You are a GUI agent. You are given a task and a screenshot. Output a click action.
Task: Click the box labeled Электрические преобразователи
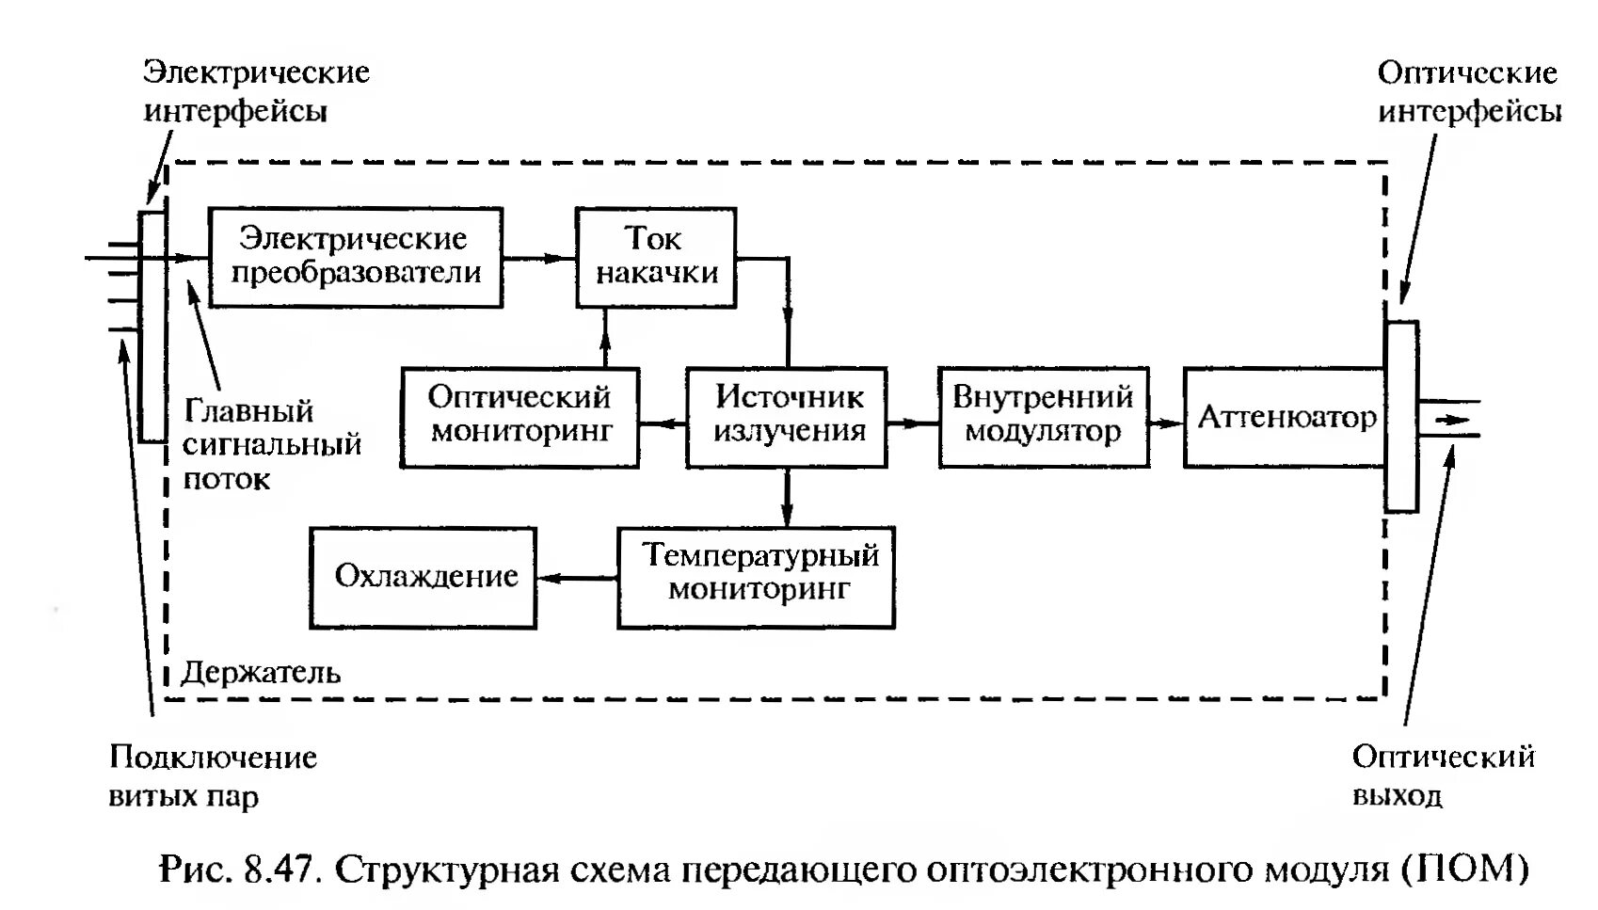pos(355,257)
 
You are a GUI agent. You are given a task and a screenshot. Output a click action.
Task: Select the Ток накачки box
pos(655,257)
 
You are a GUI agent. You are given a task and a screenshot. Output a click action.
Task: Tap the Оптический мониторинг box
pos(519,416)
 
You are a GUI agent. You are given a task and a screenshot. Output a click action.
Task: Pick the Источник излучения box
pos(787,416)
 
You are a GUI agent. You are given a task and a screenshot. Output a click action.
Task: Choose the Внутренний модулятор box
pos(1043,416)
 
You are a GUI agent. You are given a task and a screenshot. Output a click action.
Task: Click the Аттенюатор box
pos(1285,417)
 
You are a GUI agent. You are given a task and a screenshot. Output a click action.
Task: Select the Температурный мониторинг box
pos(756,576)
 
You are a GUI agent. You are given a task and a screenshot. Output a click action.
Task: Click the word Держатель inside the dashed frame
pos(261,672)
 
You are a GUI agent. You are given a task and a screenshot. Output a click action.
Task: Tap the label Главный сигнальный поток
pos(271,444)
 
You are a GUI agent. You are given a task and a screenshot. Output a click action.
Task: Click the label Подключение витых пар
pos(212,776)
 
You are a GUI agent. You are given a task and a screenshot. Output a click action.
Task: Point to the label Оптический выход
pos(1443,775)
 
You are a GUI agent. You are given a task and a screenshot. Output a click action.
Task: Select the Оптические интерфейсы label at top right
pos(1468,92)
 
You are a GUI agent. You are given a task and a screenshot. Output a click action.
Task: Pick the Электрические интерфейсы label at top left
pos(255,91)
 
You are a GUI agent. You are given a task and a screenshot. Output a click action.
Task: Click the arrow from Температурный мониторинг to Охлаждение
pos(576,577)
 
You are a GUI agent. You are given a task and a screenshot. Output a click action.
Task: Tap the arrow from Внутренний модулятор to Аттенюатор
pos(1166,423)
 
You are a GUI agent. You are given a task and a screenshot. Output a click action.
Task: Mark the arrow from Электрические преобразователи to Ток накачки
pos(538,257)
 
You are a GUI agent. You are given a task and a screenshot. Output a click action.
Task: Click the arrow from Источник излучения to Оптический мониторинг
pos(663,423)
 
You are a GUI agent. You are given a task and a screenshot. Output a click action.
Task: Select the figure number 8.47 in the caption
pos(278,868)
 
